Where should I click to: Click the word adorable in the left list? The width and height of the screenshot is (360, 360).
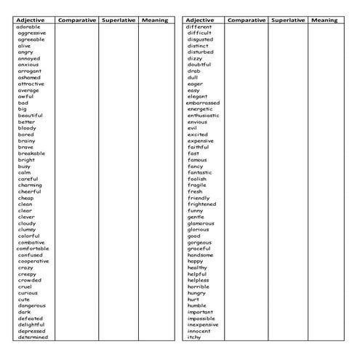click(28, 27)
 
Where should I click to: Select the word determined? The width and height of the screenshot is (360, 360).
click(33, 337)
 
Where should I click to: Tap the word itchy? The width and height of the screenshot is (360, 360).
click(194, 337)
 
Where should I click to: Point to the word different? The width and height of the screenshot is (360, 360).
click(199, 27)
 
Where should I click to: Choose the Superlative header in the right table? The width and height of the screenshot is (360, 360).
click(288, 20)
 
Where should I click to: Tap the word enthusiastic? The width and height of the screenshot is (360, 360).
click(204, 116)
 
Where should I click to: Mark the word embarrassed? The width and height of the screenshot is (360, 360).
click(204, 103)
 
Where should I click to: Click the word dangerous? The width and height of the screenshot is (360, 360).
click(31, 305)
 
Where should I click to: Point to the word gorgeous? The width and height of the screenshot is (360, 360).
click(199, 242)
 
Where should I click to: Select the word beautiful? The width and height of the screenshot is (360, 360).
click(31, 116)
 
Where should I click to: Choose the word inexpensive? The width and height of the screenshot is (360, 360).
click(203, 324)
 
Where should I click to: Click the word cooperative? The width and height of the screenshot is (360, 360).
click(33, 261)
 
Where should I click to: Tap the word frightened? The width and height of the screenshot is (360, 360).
click(201, 204)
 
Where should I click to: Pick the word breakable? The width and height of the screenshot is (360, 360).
click(31, 153)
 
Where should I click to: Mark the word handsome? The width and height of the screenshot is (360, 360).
click(200, 255)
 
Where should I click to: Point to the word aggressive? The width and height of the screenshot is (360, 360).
click(32, 33)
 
